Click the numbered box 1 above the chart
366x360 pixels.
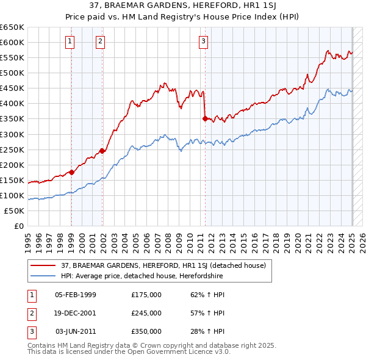[x=71, y=41]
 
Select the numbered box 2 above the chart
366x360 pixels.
[x=100, y=41]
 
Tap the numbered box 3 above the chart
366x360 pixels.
[x=203, y=41]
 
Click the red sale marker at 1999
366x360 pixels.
[x=71, y=172]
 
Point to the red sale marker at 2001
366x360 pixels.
[x=102, y=151]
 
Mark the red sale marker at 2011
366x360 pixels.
[x=205, y=118]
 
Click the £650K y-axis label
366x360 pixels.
[x=12, y=27]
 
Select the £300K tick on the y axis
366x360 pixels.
[x=12, y=134]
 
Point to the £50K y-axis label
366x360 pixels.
[x=15, y=211]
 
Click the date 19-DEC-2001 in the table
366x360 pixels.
[x=75, y=313]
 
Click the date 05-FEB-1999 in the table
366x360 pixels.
[x=75, y=295]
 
